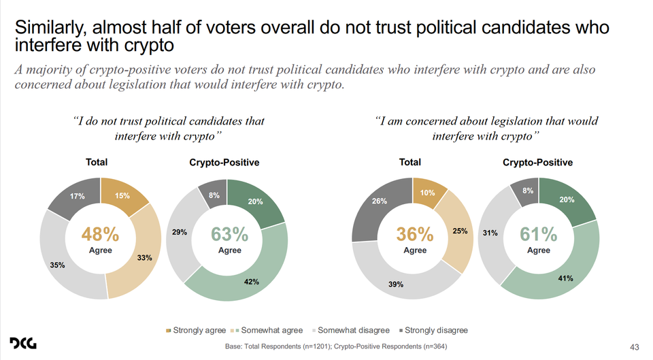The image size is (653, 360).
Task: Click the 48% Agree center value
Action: pyautogui.click(x=101, y=235)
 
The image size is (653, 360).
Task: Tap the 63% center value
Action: pyautogui.click(x=230, y=235)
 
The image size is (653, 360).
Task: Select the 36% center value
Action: pyautogui.click(x=415, y=235)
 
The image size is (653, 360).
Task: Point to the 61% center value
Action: pyautogui.click(x=539, y=235)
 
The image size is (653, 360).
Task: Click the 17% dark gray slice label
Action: pyautogui.click(x=77, y=196)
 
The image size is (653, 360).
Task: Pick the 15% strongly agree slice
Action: pyautogui.click(x=122, y=197)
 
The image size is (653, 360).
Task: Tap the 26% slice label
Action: pyautogui.click(x=380, y=201)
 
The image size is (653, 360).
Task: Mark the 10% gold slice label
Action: pyautogui.click(x=427, y=193)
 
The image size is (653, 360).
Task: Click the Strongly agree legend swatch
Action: pyautogui.click(x=168, y=331)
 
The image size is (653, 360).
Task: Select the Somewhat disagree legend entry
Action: pyautogui.click(x=353, y=331)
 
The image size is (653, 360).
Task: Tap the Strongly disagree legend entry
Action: pyautogui.click(x=436, y=331)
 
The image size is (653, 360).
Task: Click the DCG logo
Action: pyautogui.click(x=23, y=344)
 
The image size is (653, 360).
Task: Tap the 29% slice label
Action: pyautogui.click(x=180, y=233)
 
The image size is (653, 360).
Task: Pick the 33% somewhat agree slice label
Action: pyautogui.click(x=144, y=258)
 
